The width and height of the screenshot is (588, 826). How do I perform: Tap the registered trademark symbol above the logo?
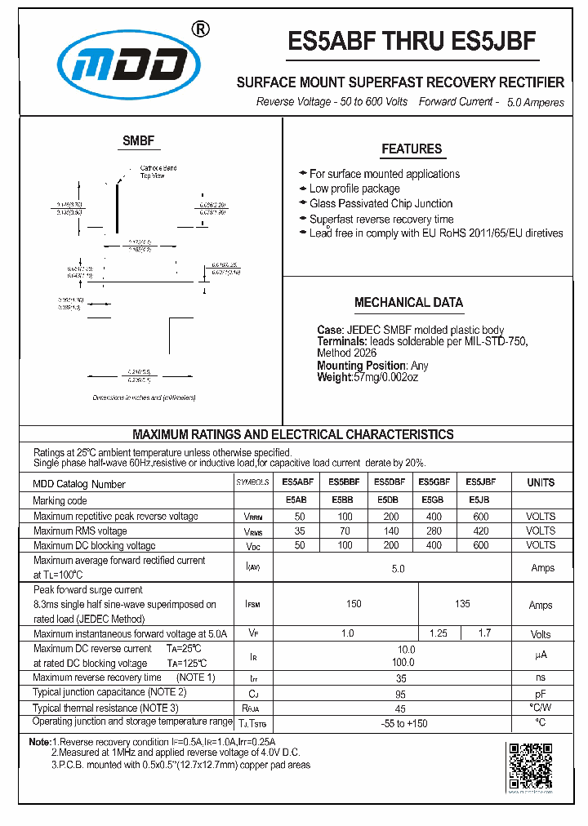(200, 29)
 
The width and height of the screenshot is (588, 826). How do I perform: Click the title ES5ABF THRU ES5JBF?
(412, 42)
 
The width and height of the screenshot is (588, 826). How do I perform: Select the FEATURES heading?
(412, 149)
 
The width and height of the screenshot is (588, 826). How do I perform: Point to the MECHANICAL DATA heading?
(408, 302)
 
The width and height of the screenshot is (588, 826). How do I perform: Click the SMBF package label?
(138, 140)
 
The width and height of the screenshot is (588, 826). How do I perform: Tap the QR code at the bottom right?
(531, 766)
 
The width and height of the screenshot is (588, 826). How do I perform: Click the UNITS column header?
(541, 482)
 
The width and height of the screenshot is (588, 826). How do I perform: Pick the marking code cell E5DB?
(388, 500)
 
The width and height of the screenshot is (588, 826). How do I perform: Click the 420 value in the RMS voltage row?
(481, 531)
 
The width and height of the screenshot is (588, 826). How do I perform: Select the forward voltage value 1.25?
(439, 633)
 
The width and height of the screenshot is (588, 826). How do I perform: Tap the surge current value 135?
(462, 605)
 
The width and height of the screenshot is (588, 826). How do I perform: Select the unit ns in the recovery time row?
(541, 677)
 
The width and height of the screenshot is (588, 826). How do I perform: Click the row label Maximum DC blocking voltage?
(94, 545)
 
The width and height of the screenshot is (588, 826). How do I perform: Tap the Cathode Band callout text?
(158, 168)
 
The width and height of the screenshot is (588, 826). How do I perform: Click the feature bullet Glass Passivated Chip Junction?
(381, 203)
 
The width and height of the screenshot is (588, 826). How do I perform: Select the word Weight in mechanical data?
(334, 377)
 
